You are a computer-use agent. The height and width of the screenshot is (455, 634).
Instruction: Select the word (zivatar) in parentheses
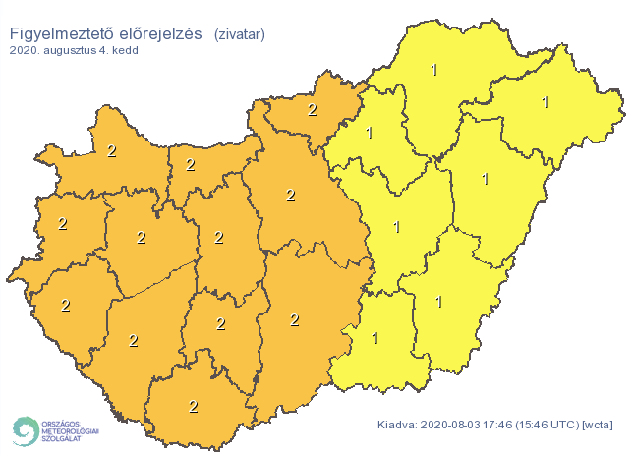point(239,34)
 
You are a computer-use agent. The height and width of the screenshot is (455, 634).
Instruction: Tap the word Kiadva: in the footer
point(399,425)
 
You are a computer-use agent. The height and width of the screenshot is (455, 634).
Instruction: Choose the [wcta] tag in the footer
point(599,425)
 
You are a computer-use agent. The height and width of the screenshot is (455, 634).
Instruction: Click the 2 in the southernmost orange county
point(193,405)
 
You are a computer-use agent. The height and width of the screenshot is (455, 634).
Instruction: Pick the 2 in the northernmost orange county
point(312,109)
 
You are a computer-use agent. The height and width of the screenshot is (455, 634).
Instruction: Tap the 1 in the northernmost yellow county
point(435,69)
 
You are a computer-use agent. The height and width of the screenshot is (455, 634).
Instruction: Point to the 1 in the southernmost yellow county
point(375,338)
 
